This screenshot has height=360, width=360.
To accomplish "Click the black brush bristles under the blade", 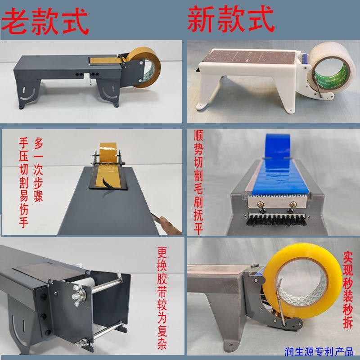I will click(x=274, y=222).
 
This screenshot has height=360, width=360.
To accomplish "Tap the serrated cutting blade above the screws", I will click(x=274, y=197).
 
